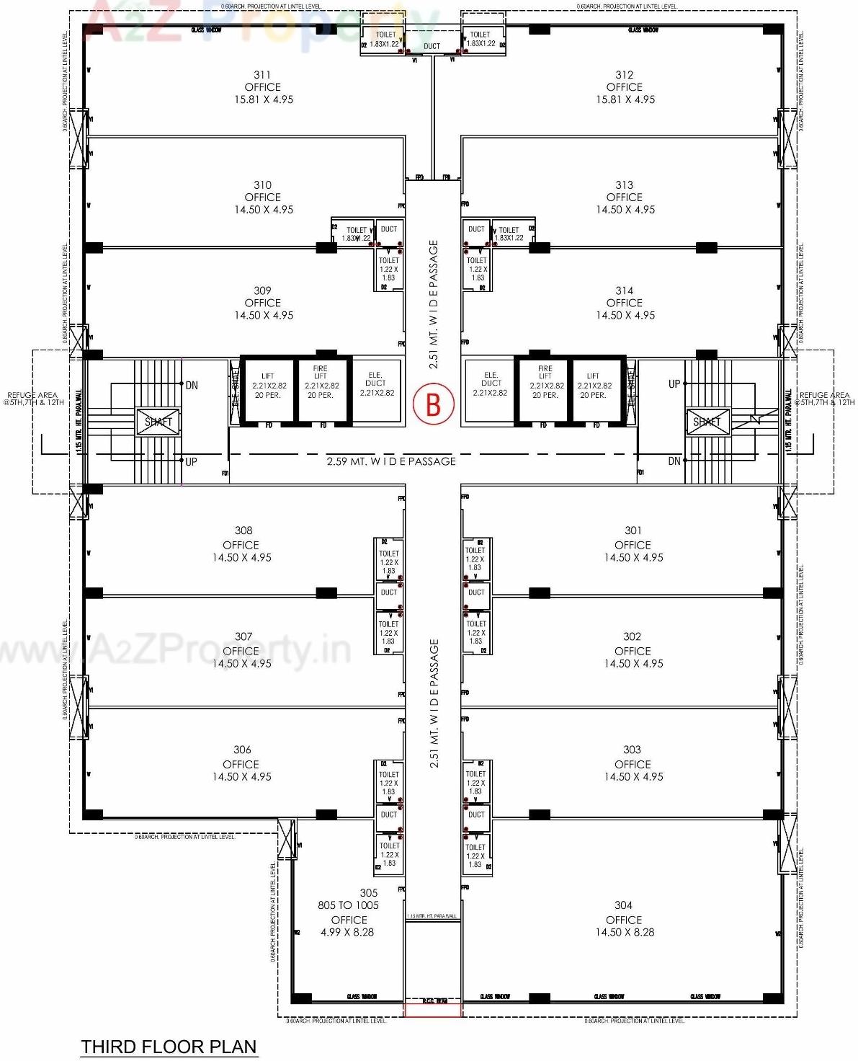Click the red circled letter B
(x=433, y=404)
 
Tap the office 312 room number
(x=625, y=75)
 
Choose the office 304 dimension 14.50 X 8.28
(x=625, y=932)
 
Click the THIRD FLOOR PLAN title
(x=169, y=1047)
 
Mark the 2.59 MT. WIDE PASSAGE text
(x=391, y=461)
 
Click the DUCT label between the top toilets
(x=432, y=46)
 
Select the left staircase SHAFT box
(x=158, y=422)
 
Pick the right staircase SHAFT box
(x=707, y=422)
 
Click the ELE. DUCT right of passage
(x=491, y=384)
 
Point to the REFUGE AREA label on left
(x=33, y=399)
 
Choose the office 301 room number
(x=633, y=530)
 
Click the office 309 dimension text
(x=263, y=315)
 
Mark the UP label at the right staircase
(x=674, y=384)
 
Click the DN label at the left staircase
(x=192, y=386)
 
